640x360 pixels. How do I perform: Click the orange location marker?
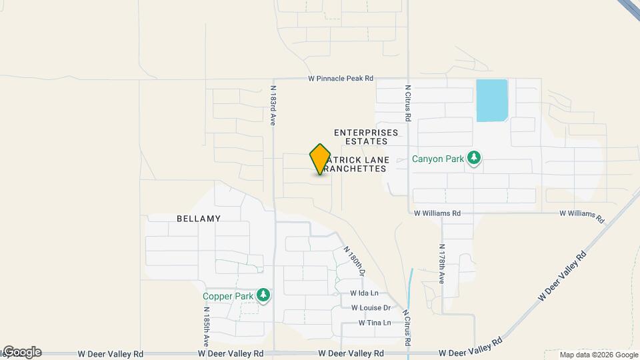(320, 159)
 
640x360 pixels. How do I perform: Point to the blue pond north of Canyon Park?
(492, 100)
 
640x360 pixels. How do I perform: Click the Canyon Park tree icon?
(474, 159)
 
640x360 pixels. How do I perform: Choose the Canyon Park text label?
(437, 159)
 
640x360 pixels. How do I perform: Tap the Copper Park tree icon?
(263, 295)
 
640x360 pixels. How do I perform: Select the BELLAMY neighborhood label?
(199, 218)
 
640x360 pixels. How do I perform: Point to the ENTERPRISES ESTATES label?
(361, 137)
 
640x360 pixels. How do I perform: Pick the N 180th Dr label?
(355, 261)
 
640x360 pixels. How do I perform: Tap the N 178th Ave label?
(441, 265)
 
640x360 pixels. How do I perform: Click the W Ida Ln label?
(364, 293)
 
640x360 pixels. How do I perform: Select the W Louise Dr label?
(370, 308)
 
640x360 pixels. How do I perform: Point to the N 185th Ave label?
(207, 326)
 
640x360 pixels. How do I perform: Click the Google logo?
(21, 352)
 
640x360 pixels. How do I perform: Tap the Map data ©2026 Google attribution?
(599, 355)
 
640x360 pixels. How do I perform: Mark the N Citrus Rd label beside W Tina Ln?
(406, 322)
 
